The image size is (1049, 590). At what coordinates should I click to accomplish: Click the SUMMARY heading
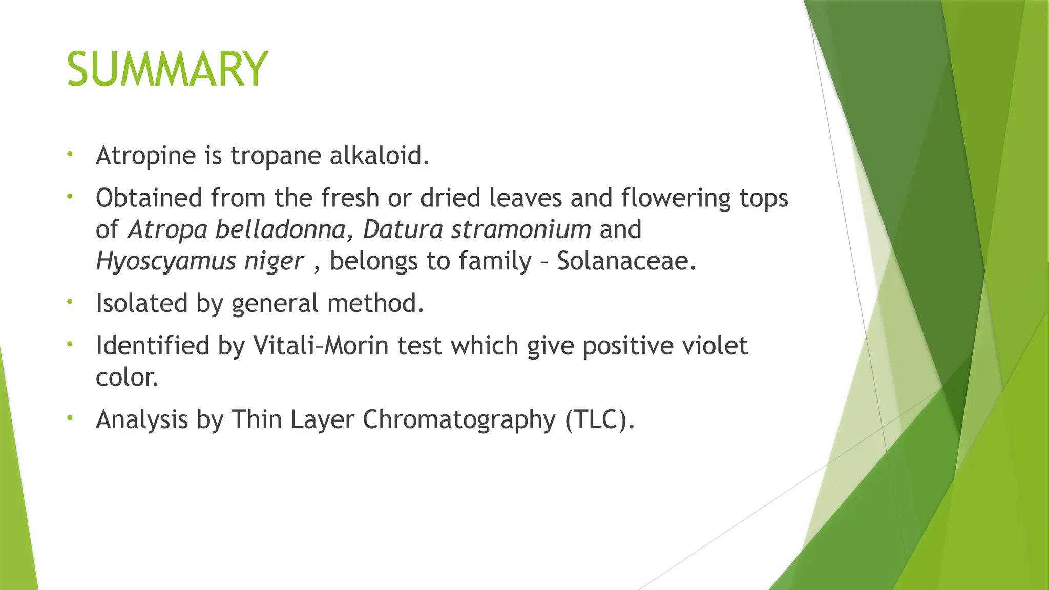(167, 69)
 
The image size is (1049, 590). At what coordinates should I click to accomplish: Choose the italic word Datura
(403, 229)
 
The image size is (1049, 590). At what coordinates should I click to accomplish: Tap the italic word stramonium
(521, 229)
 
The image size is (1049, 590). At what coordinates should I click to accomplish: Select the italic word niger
(274, 262)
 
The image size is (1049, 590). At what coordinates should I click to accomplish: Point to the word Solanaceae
(626, 261)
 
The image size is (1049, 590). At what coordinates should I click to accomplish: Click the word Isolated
(142, 303)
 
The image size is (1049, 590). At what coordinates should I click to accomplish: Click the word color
(127, 378)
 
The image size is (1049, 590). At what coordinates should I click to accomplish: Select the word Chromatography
(459, 420)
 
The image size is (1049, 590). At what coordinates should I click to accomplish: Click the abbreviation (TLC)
(600, 420)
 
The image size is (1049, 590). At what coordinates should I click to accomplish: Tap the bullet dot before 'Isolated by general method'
(70, 302)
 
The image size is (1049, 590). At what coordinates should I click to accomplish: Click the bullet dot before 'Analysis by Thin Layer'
(70, 418)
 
